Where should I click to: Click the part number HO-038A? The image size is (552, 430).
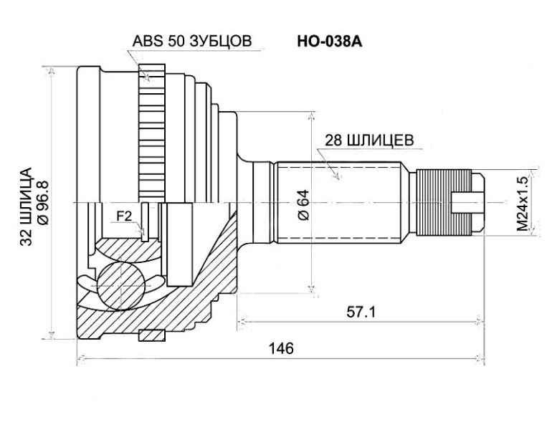point(330,42)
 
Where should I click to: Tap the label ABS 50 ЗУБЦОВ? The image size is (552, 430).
point(192,42)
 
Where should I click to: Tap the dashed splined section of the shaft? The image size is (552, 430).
point(337,202)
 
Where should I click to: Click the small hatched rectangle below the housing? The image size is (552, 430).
point(152,335)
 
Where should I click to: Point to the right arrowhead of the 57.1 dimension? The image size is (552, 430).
point(479,320)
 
